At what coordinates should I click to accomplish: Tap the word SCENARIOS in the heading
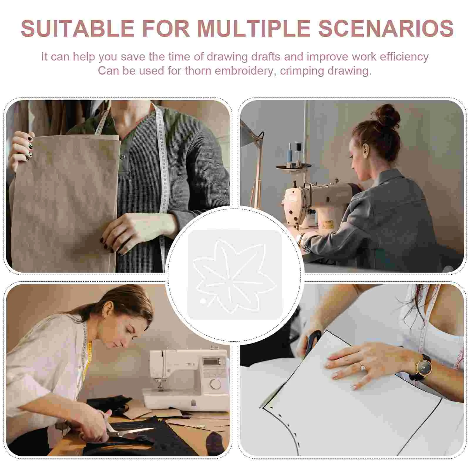[386, 28]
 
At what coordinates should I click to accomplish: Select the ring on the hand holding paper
[362, 367]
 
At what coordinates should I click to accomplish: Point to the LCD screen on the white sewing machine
[212, 361]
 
